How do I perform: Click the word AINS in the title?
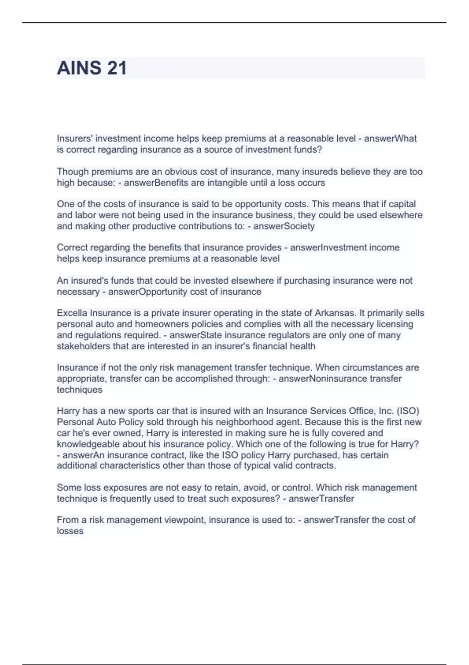pyautogui.click(x=79, y=68)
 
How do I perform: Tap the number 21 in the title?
pyautogui.click(x=116, y=68)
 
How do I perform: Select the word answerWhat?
pyautogui.click(x=390, y=138)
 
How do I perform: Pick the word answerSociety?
pyautogui.click(x=284, y=226)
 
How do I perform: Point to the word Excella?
pyautogui.click(x=72, y=313)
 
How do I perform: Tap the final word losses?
pyautogui.click(x=70, y=531)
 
